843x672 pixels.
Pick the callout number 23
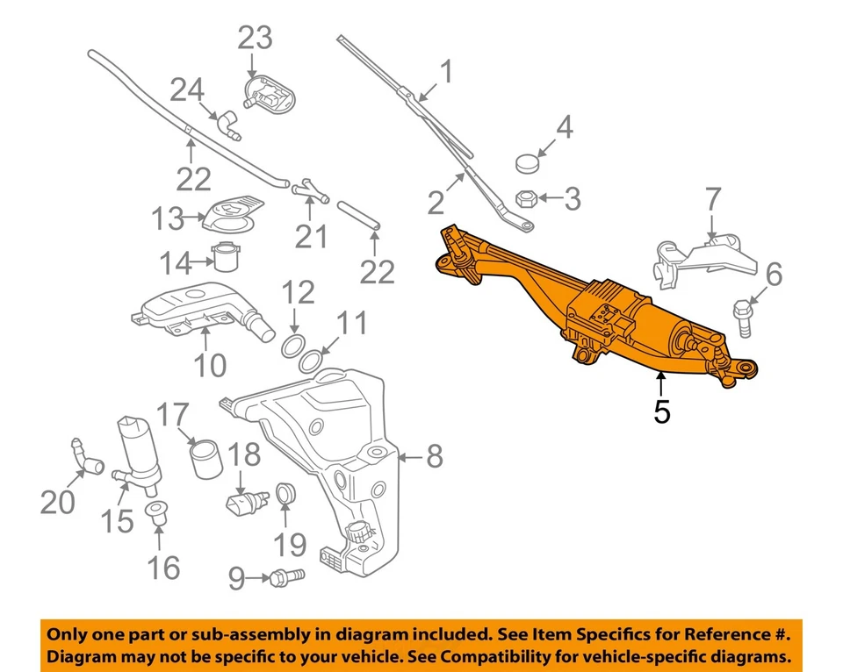pos(255,38)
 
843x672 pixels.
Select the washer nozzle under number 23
pos(267,92)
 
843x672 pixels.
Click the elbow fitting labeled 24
pos(230,125)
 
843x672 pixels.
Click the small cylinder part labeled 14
pos(227,259)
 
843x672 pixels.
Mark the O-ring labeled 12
pos(294,346)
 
